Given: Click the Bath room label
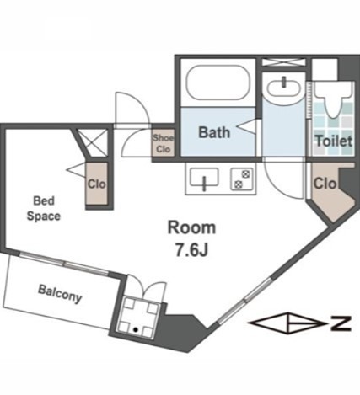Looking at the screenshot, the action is (214, 132).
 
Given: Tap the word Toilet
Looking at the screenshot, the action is (334, 141).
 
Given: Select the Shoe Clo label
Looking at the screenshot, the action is (164, 143).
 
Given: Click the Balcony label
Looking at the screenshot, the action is (60, 294).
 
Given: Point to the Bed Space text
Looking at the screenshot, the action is (44, 209).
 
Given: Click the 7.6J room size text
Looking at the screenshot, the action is (191, 249).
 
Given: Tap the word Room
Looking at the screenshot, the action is (191, 227).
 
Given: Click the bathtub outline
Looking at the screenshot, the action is (218, 82).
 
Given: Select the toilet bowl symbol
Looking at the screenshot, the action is (333, 99).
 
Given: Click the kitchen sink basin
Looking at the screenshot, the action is (204, 177).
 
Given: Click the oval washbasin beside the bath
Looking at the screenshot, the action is (283, 88).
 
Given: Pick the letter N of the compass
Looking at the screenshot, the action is (341, 323).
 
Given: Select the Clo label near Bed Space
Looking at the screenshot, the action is (96, 184).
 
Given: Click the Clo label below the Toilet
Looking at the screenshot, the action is (325, 184).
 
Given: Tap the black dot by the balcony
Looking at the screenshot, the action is (136, 329).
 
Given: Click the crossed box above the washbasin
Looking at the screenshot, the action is (283, 62).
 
